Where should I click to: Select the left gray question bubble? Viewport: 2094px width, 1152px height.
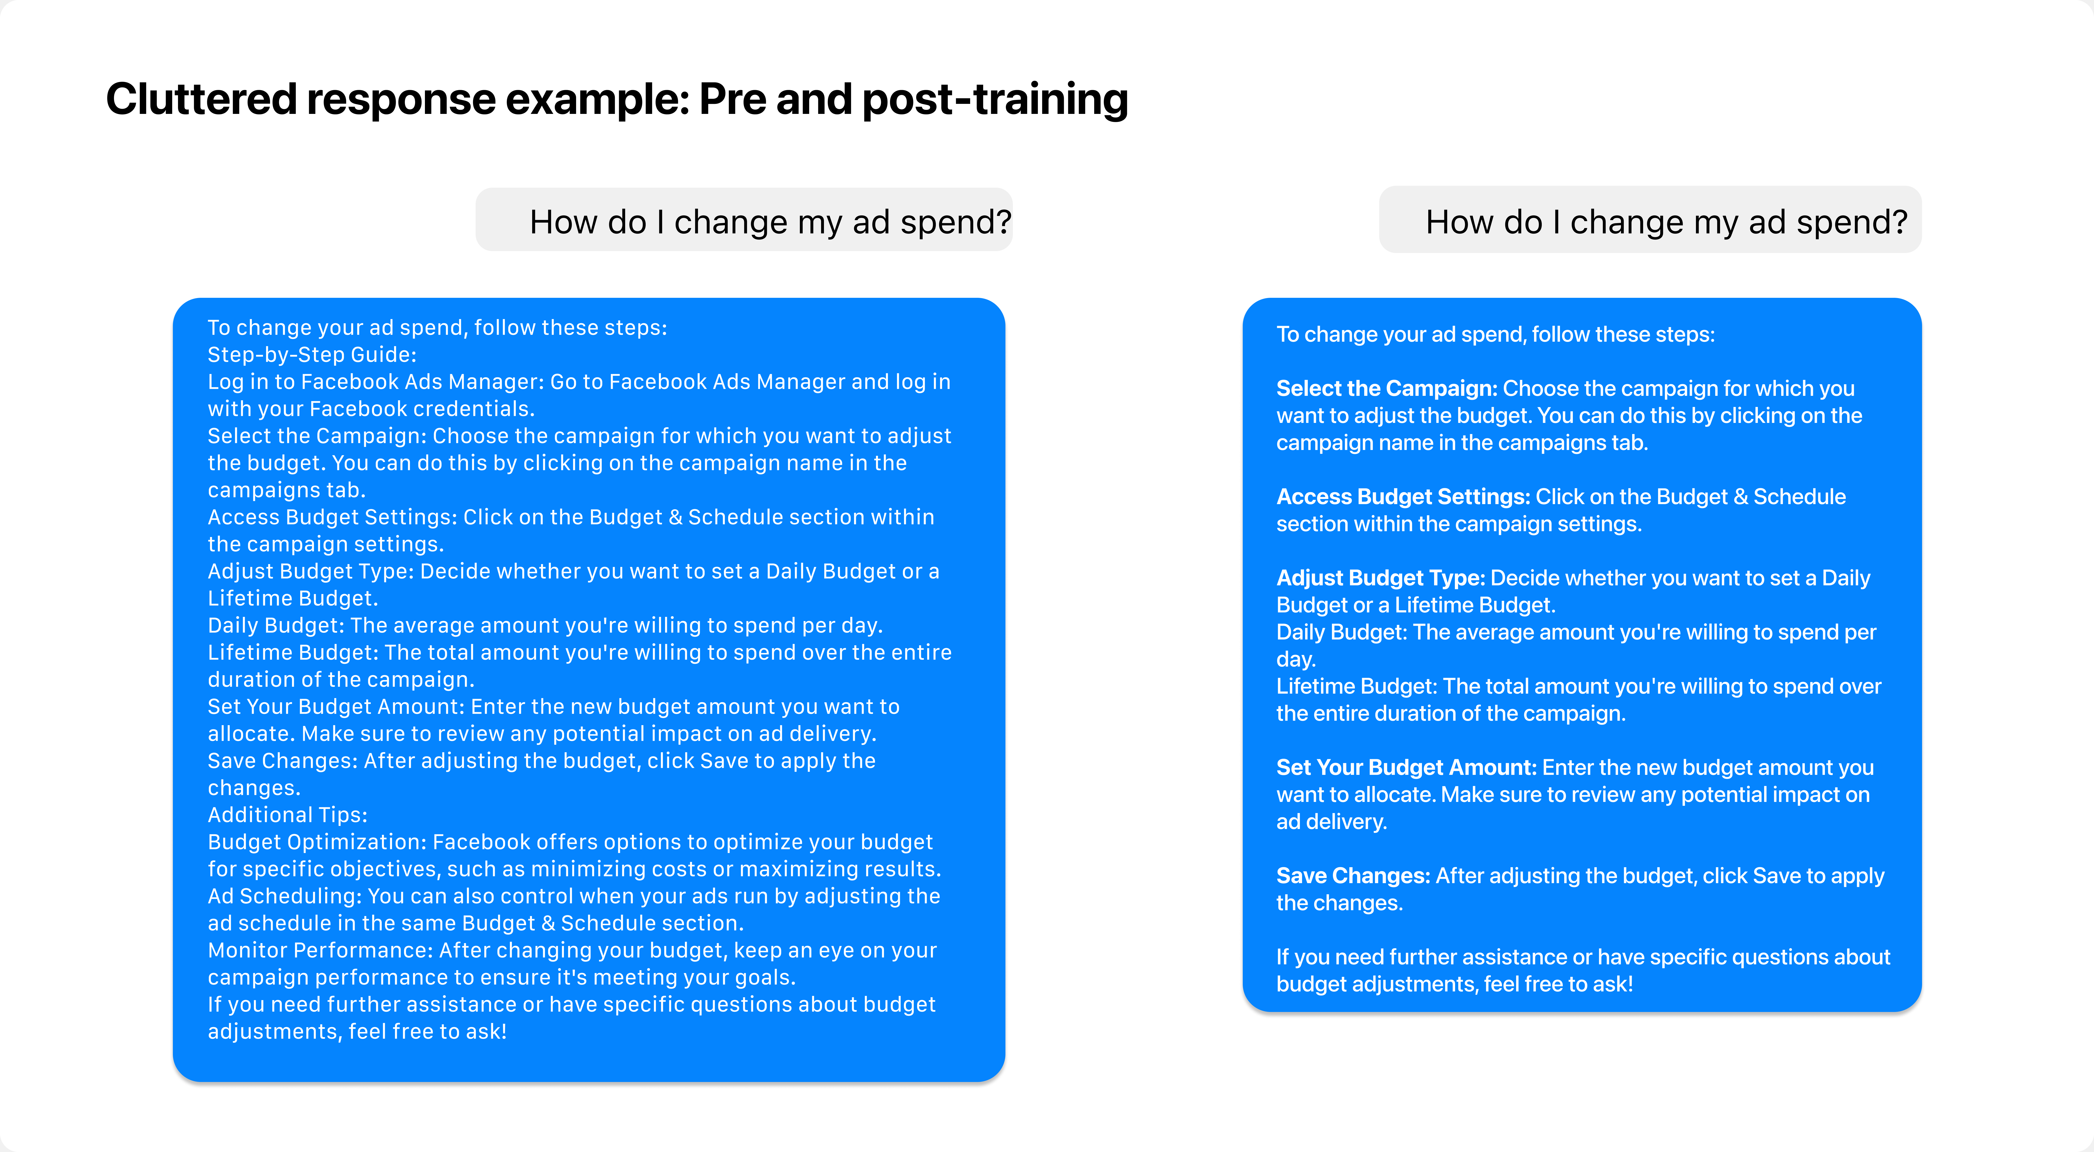pyautogui.click(x=744, y=219)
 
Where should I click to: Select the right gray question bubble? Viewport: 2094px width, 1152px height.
pyautogui.click(x=1650, y=219)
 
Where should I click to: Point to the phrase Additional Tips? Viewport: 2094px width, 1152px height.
pyautogui.click(x=288, y=815)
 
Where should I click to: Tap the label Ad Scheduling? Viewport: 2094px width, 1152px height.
pyautogui.click(x=285, y=896)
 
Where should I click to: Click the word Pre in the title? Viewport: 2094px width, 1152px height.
pyautogui.click(x=734, y=99)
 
